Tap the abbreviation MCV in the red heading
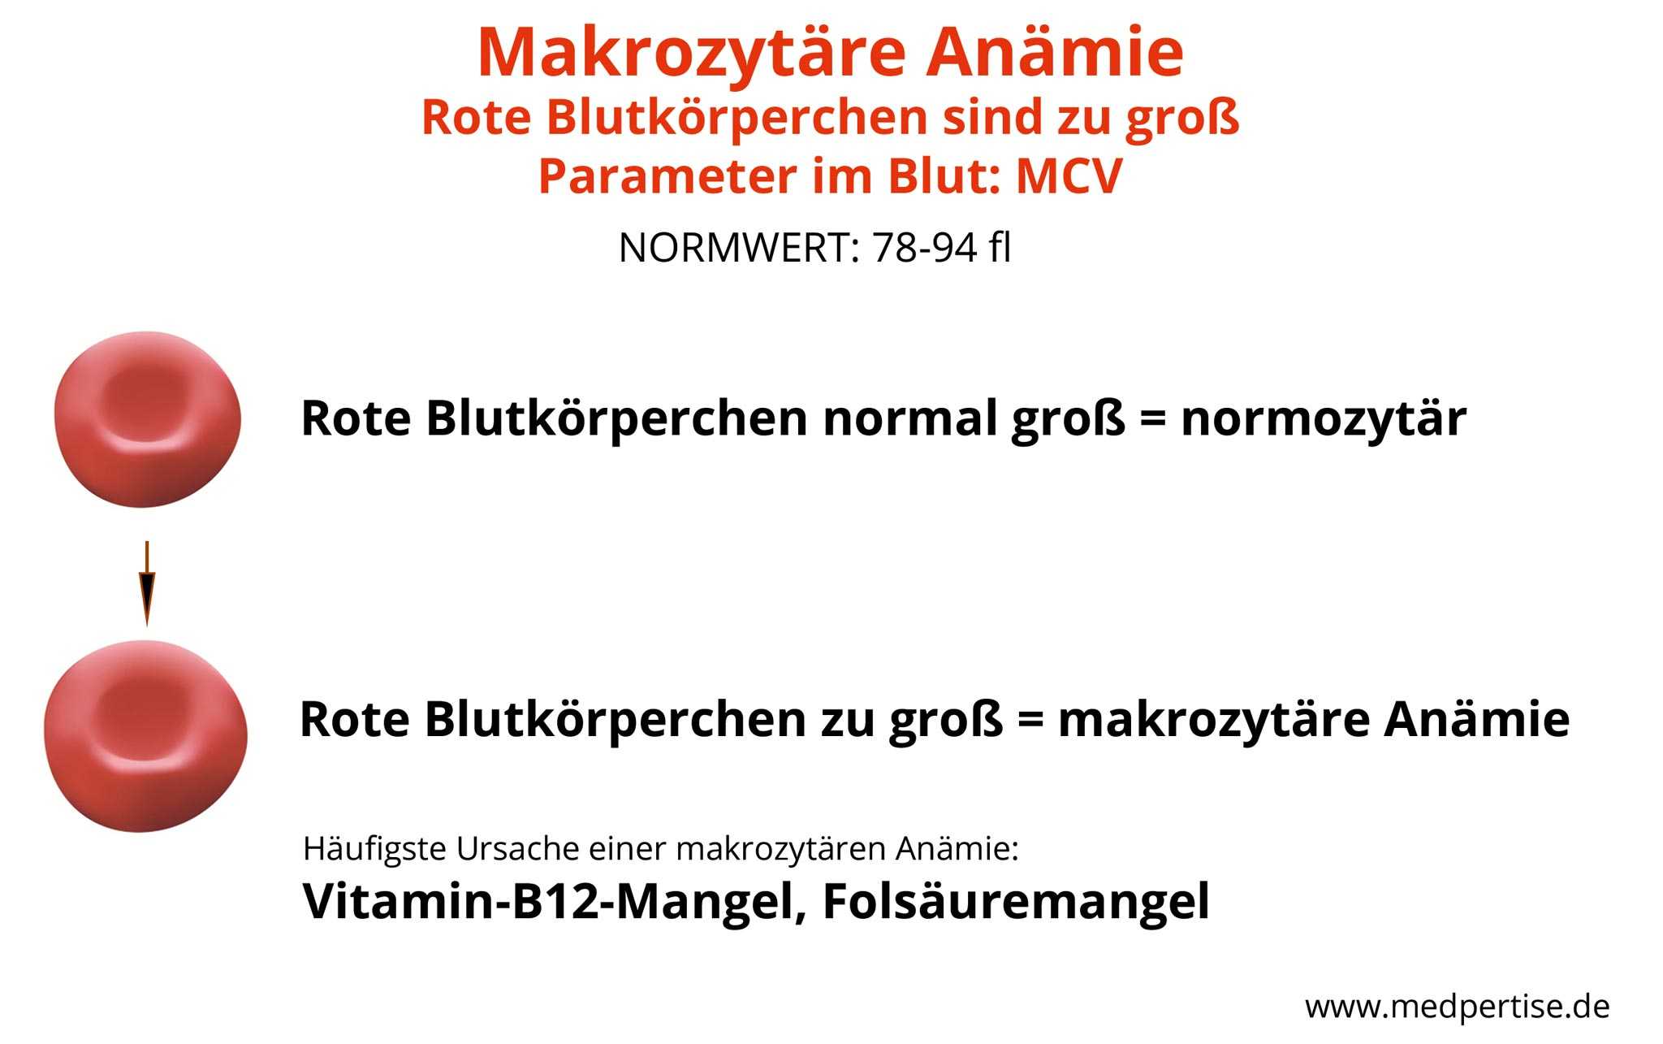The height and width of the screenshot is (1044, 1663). tap(1069, 176)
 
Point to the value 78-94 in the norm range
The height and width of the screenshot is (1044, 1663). tap(924, 248)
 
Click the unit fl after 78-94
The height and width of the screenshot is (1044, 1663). tap(1000, 248)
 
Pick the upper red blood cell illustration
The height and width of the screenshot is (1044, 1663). tap(148, 418)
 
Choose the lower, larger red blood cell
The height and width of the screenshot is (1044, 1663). tap(145, 735)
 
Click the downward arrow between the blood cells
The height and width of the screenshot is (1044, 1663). tap(147, 583)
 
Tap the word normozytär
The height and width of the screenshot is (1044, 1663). tap(1324, 420)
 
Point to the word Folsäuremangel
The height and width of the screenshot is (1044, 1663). tap(1016, 902)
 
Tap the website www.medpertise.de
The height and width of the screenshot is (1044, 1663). tap(1458, 1007)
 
